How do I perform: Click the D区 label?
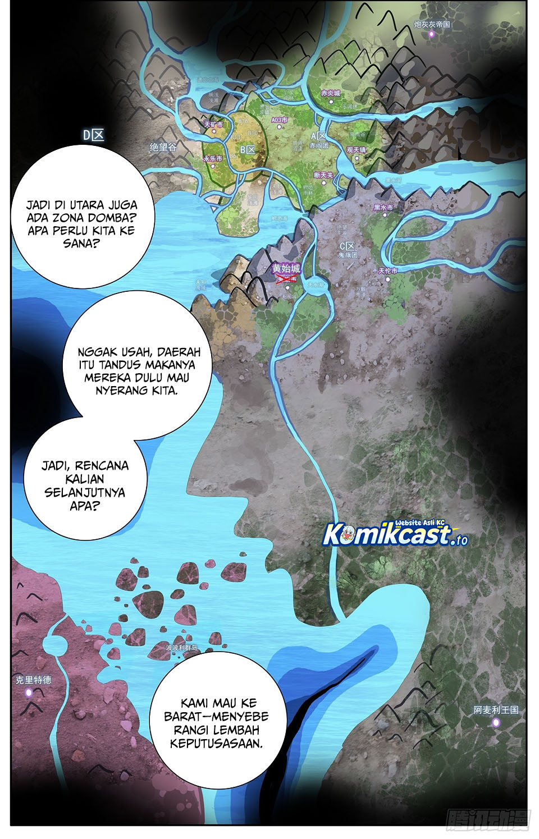[94, 135]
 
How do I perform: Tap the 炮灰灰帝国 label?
[432, 24]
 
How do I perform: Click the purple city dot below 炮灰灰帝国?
[432, 34]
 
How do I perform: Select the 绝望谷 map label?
[163, 147]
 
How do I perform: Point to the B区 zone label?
[248, 150]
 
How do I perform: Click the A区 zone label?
[318, 136]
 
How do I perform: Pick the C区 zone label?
[348, 246]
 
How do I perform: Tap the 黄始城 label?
[286, 268]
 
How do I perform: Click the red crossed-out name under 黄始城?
[286, 278]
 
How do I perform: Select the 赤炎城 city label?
[331, 93]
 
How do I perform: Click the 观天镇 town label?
[356, 150]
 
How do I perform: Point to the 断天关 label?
[323, 175]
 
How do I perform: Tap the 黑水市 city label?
[383, 207]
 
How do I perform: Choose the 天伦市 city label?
[388, 271]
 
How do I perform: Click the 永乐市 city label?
[213, 159]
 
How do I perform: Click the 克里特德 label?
[33, 680]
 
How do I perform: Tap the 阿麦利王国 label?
[496, 710]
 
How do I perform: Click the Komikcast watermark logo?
[395, 534]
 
